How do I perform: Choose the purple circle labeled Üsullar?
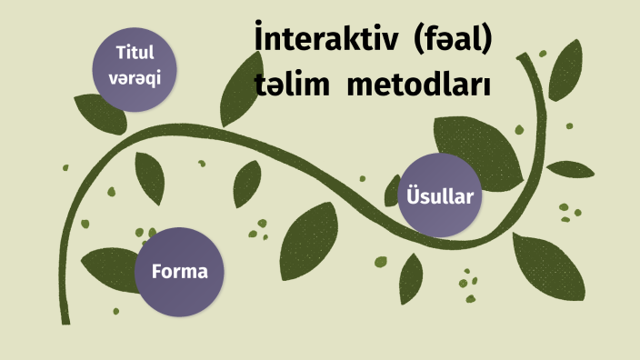(x=440, y=195)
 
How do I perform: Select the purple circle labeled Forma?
(x=179, y=271)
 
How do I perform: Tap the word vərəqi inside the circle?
(x=134, y=77)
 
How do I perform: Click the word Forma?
(x=179, y=271)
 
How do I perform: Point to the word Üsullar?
(x=440, y=195)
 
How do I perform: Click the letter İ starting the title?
(x=261, y=40)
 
